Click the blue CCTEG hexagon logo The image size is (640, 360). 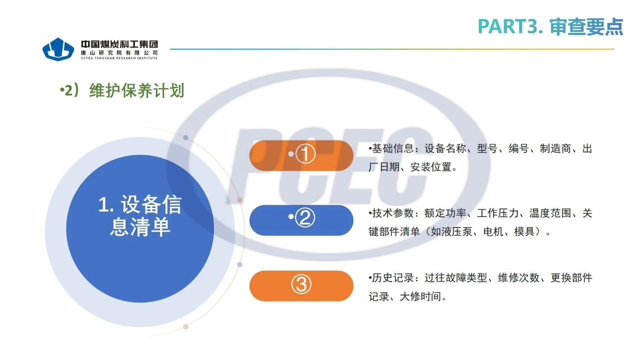58,49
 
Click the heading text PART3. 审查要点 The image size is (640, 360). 550,26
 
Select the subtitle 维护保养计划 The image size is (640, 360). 136,90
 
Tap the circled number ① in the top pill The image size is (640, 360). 305,153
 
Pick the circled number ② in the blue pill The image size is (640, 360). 304,217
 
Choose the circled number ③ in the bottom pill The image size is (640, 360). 301,284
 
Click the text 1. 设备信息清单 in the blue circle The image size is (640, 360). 140,215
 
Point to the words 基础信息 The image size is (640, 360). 392,148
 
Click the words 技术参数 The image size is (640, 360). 392,213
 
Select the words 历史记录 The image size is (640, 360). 392,277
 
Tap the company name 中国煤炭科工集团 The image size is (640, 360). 119,44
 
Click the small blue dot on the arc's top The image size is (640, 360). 185,137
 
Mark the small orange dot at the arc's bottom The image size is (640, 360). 185,326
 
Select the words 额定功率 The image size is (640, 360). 445,213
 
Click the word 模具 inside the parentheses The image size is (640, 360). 524,231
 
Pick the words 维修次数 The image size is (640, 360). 519,277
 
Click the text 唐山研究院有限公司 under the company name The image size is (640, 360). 119,53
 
